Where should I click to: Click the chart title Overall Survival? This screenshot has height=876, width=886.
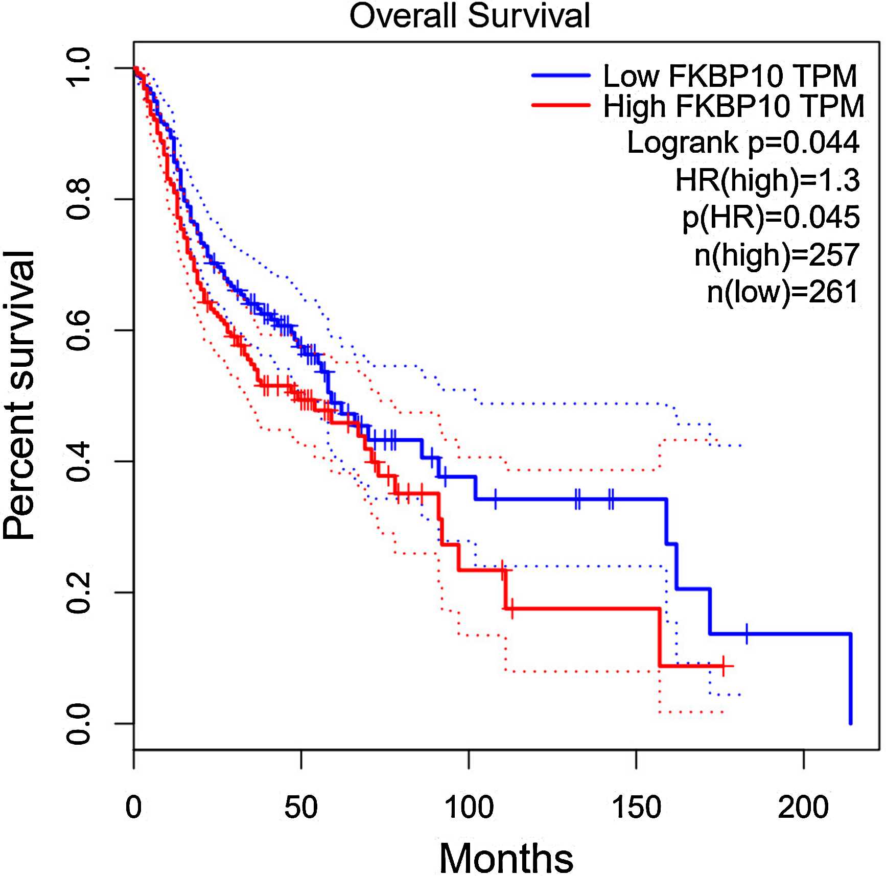(x=470, y=16)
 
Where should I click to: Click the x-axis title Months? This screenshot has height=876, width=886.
(x=506, y=859)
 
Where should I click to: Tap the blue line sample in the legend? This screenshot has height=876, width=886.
(x=561, y=76)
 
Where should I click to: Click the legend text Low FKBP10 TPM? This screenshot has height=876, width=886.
(x=730, y=76)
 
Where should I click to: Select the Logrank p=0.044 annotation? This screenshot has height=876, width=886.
(x=743, y=143)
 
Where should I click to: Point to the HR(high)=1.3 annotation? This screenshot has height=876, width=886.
(x=767, y=180)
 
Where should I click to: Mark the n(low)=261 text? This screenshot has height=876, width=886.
(x=782, y=292)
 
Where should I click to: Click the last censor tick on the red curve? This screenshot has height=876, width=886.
(x=723, y=666)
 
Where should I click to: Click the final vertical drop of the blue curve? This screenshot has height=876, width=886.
(x=850, y=679)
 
